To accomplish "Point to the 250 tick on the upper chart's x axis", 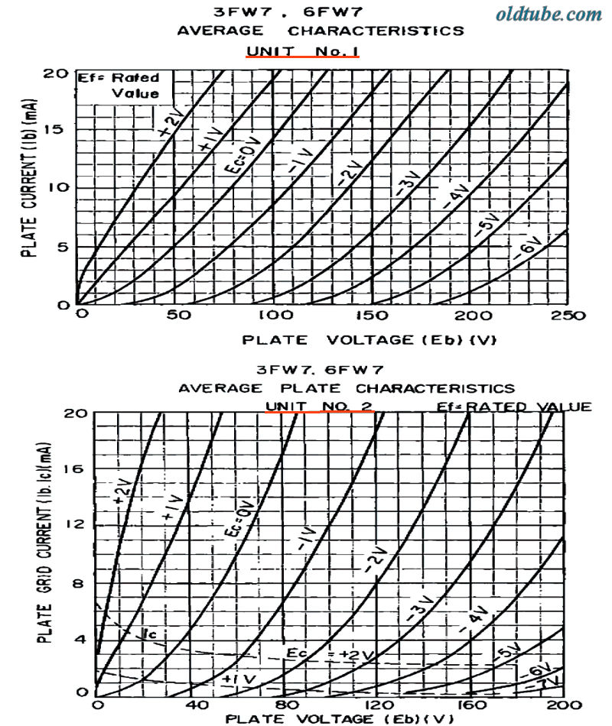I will click(x=568, y=316).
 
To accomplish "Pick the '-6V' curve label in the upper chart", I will click(x=528, y=251).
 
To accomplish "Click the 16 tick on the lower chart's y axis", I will click(x=76, y=469).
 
